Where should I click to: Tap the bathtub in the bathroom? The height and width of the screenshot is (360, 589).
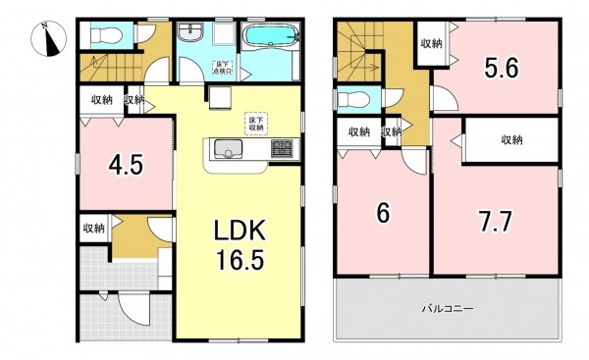tap(271, 38)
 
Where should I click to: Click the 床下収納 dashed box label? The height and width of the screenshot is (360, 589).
tap(255, 123)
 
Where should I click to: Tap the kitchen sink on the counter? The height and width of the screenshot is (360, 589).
tap(228, 149)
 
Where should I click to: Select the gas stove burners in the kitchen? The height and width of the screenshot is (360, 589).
tap(283, 149)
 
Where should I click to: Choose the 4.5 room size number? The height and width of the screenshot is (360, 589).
tap(127, 165)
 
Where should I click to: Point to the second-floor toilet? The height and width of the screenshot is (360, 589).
tap(351, 99)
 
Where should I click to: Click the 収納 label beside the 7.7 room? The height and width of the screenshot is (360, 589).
tap(511, 140)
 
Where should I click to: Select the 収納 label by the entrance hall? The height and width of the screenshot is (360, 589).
tap(93, 229)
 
